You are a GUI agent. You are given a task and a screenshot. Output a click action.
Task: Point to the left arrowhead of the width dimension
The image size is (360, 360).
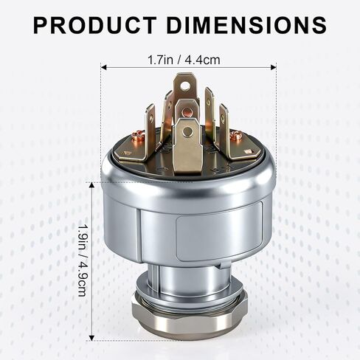click(x=103, y=66)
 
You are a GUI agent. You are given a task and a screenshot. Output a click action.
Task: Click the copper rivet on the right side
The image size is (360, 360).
click(x=236, y=135)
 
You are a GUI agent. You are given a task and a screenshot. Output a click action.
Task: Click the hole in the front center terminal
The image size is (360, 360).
click(x=187, y=131)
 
